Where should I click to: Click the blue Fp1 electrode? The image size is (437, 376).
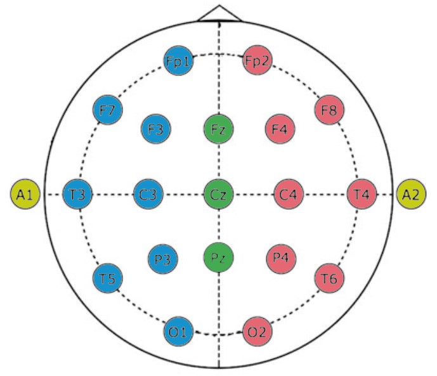[x=178, y=62]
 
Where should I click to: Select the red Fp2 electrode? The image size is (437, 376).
[x=258, y=62]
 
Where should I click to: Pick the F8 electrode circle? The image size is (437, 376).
[x=329, y=110]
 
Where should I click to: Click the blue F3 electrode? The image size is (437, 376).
[x=155, y=129]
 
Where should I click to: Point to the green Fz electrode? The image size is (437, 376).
[x=219, y=129]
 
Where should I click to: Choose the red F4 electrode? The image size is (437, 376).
[x=280, y=129]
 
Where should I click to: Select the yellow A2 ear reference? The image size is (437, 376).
[x=412, y=194]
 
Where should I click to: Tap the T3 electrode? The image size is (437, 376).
[x=78, y=194]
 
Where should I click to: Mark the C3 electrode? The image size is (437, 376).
[x=148, y=194]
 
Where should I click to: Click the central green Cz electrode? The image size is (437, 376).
[x=219, y=194]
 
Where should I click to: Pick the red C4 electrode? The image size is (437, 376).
[x=289, y=194]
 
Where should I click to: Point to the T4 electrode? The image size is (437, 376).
[x=362, y=194]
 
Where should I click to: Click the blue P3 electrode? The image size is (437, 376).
[x=162, y=258]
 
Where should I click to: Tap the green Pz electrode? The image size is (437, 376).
[x=219, y=257]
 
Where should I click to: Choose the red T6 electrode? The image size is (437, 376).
[x=329, y=278]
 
